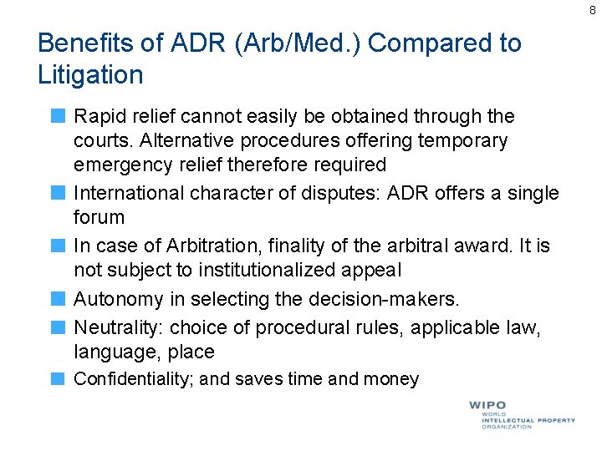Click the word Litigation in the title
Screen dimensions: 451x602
90,75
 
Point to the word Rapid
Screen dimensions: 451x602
99,116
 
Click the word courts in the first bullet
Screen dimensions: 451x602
101,140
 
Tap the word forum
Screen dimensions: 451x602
99,217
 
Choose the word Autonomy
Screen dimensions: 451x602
113,299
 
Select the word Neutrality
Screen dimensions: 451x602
113,327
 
